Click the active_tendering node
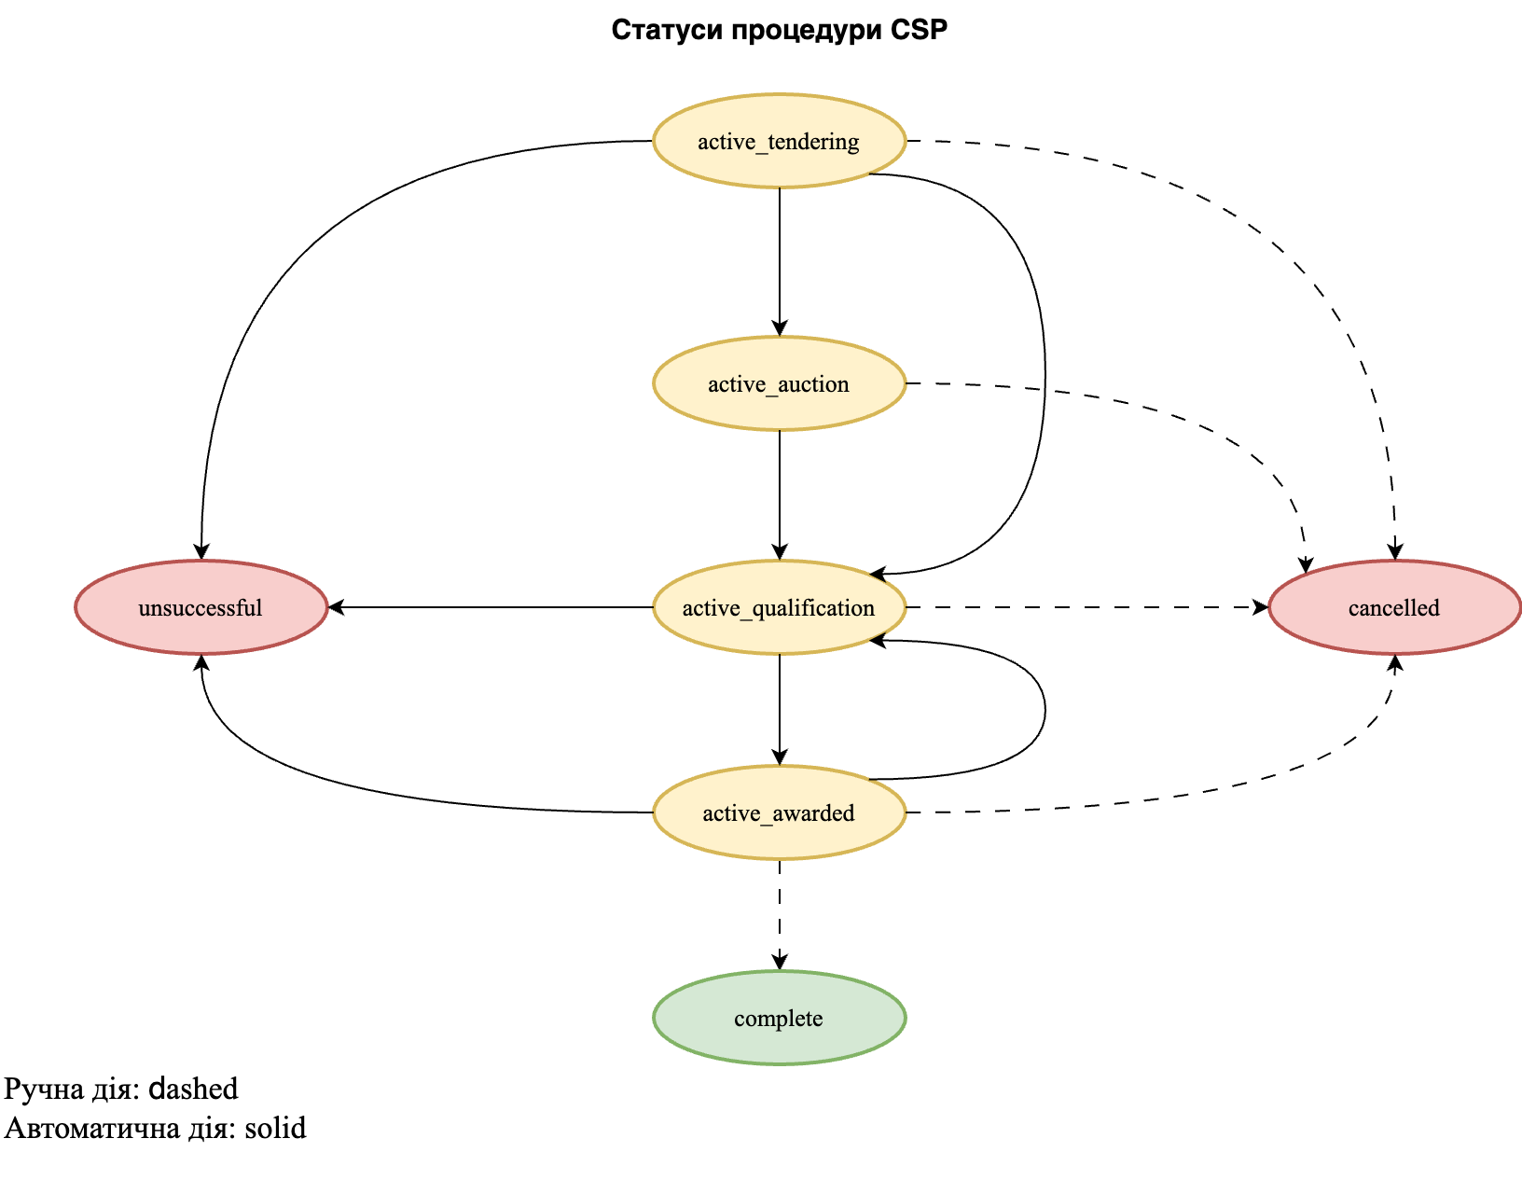779,141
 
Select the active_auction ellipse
779,383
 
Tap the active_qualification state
779,607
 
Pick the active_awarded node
779,812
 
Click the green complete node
779,1018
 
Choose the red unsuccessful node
201,607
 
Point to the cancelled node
1394,607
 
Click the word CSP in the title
919,31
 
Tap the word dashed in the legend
194,1089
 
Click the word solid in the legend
275,1128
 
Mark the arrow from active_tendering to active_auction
780,261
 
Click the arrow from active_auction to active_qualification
780,494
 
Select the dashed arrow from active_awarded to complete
780,914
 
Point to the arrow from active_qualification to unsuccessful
490,607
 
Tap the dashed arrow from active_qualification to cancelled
1086,607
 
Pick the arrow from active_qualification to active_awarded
780,709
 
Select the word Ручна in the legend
44,1089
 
